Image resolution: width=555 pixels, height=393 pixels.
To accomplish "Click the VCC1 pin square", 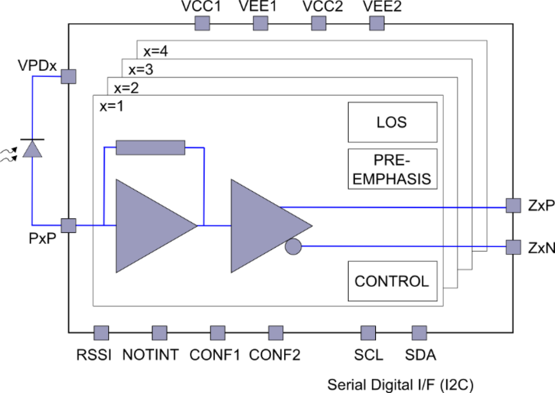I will [x=202, y=23].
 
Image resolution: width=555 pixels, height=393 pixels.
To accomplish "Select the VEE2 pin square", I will [x=376, y=23].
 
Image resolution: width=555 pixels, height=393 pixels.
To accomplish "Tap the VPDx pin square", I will [x=68, y=76].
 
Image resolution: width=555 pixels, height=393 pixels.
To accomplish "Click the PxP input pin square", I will [x=68, y=226].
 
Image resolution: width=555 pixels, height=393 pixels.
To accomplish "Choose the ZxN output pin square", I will [x=513, y=247].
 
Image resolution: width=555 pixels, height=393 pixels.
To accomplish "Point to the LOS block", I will [x=392, y=122].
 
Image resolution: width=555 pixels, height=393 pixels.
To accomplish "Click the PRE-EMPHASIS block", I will [x=392, y=169].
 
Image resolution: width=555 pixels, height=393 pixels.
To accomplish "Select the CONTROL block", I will [x=392, y=281].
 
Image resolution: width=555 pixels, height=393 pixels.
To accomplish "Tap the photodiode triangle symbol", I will [x=32, y=148].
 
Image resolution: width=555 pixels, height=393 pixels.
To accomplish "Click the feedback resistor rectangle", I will [x=150, y=148].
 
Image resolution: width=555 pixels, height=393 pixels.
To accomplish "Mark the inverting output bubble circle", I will [x=293, y=246].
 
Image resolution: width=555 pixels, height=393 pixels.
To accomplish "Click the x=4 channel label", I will [x=156, y=51].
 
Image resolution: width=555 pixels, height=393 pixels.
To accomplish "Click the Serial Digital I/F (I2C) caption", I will [x=400, y=385].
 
